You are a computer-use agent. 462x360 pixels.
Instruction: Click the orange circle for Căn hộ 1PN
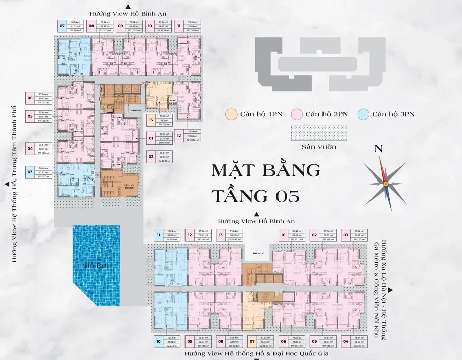231,114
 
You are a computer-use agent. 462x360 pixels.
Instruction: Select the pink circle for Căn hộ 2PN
297,114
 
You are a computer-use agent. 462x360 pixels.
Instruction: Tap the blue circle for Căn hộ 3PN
363,114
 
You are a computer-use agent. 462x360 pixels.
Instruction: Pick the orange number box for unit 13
151,121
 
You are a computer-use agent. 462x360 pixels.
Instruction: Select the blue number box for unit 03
30,172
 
